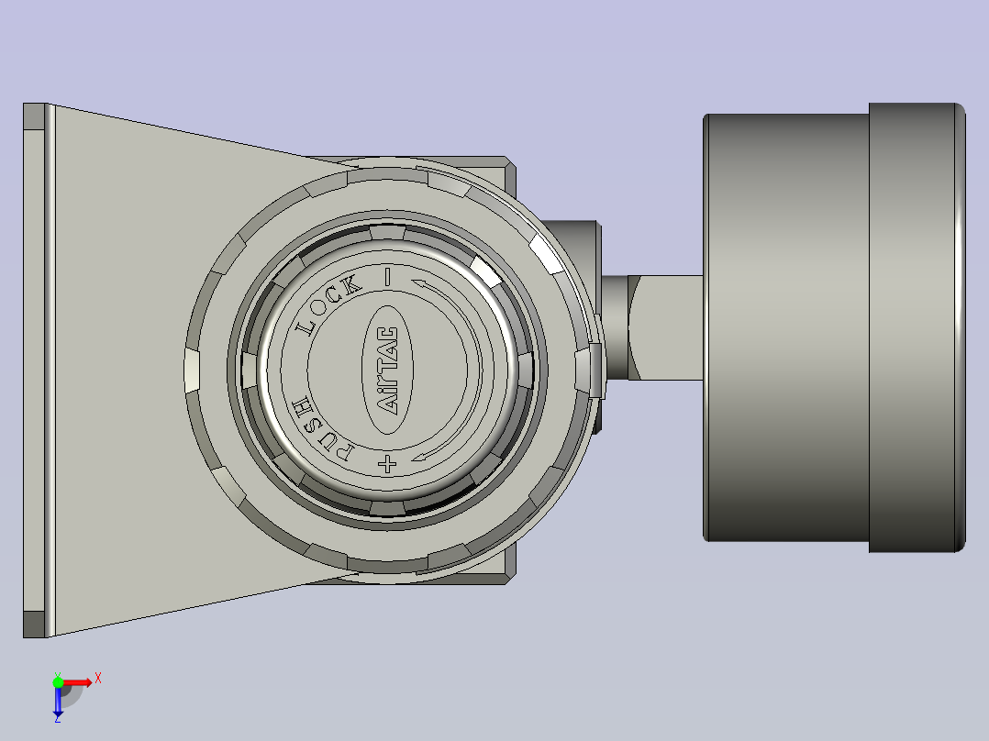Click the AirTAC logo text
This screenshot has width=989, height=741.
(387, 370)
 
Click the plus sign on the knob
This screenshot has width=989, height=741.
(387, 464)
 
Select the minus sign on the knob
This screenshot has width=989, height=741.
(387, 277)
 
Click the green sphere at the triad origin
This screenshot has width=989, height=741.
(58, 681)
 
